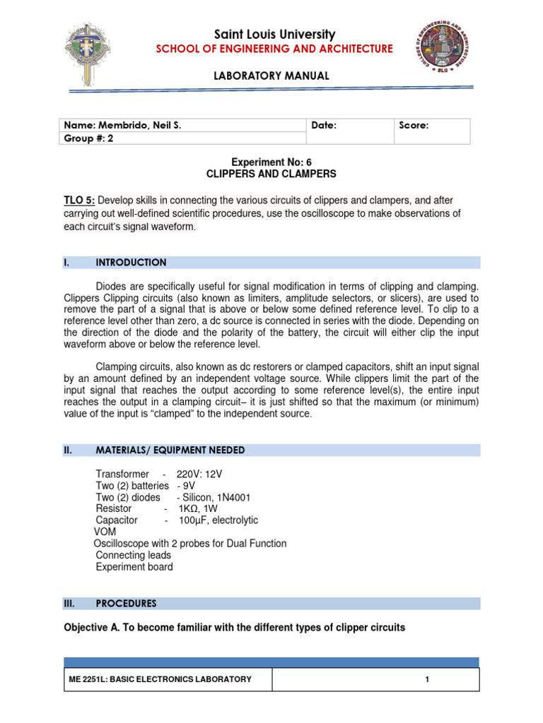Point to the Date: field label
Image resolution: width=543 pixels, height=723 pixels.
323,125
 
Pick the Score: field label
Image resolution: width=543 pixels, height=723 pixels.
414,125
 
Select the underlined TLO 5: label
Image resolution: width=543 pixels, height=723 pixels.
78,200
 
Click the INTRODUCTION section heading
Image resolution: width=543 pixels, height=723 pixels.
131,263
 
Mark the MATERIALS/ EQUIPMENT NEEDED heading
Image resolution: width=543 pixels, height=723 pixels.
170,450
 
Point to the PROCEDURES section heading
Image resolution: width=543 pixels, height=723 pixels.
126,604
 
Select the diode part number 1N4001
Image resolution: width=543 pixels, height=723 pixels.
237,497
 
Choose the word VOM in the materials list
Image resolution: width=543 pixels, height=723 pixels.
105,532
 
